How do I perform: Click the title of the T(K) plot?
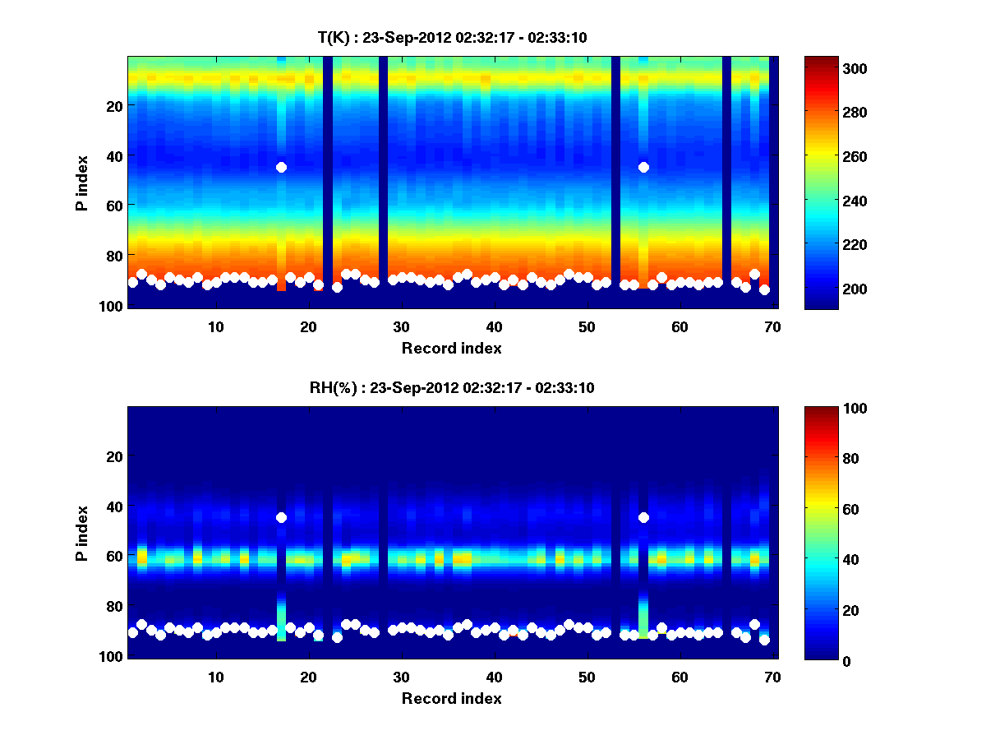tap(452, 37)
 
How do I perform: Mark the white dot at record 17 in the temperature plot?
tap(281, 167)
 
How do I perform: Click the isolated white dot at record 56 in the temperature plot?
tap(643, 167)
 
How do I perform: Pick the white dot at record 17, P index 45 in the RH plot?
tap(281, 517)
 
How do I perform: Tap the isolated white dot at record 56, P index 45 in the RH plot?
tap(643, 517)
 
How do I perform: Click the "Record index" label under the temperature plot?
tap(451, 348)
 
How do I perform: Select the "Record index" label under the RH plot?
tap(451, 698)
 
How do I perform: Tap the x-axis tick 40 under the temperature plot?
tap(494, 326)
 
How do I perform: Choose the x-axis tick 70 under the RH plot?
tap(772, 677)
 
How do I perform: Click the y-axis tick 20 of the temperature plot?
tap(113, 106)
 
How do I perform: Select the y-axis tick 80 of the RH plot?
tap(113, 606)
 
